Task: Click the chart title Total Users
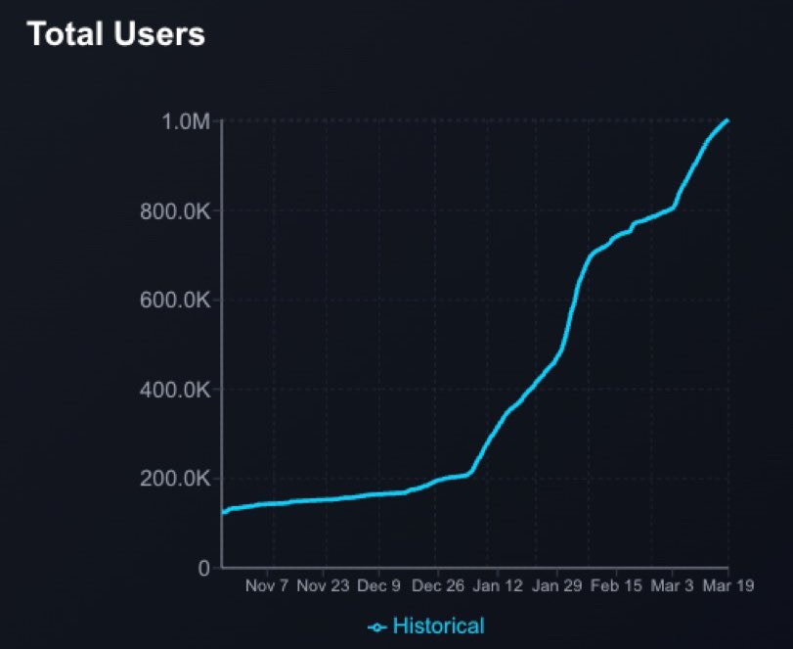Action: coord(115,34)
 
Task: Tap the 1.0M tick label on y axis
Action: coord(187,122)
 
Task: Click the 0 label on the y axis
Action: coord(203,568)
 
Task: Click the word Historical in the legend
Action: coord(438,626)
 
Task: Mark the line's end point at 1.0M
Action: coord(727,120)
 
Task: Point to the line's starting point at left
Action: coord(224,511)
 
